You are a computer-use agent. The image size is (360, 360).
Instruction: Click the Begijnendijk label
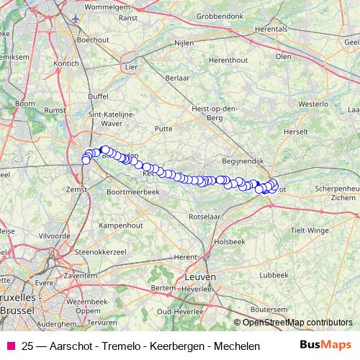click(243, 162)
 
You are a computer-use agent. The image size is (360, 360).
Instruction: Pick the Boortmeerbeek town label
click(132, 193)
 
